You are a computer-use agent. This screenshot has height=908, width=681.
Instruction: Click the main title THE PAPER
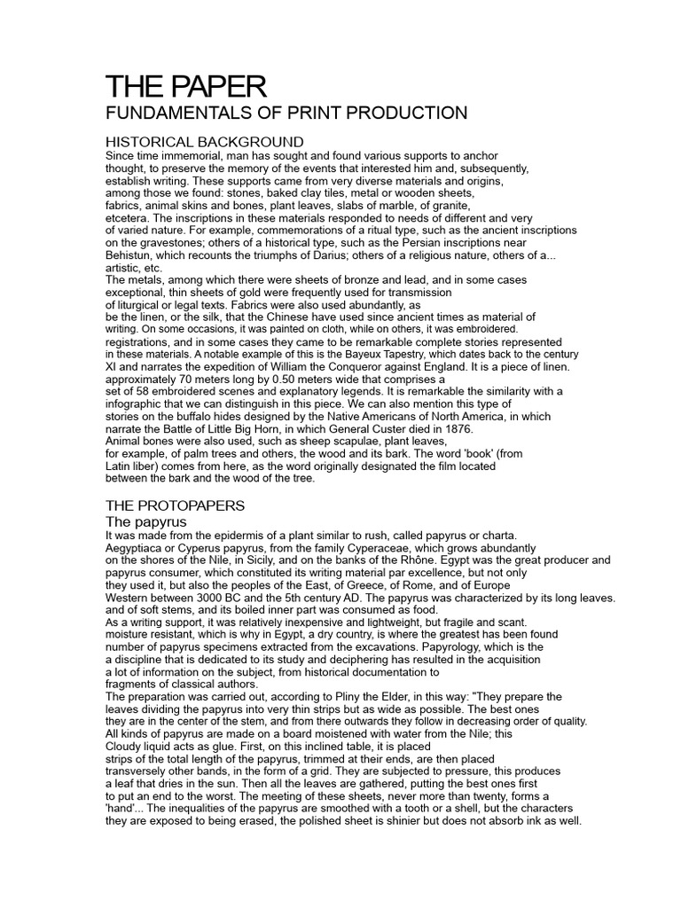[185, 87]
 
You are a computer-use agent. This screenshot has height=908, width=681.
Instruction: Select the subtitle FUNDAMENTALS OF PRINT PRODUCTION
[286, 113]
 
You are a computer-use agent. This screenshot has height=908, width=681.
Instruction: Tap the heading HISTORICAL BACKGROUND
[205, 142]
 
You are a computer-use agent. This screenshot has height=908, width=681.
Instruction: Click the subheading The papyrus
[146, 521]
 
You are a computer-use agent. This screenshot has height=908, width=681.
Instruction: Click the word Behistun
[131, 255]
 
